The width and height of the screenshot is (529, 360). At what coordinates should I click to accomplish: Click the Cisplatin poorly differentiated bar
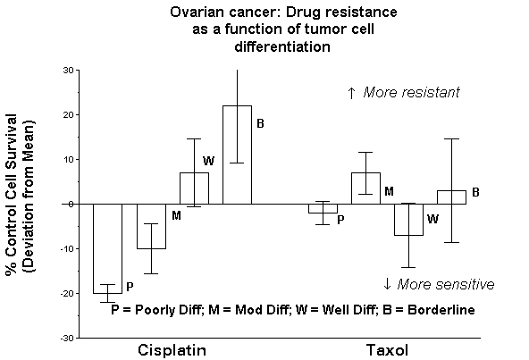[107, 248]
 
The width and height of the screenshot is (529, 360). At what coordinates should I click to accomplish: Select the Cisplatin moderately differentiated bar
[151, 226]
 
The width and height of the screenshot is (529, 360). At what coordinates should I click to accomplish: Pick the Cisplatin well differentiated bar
[194, 188]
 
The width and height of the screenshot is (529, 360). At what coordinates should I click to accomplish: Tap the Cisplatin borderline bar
[237, 155]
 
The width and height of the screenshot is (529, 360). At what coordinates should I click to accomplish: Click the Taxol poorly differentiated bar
[323, 208]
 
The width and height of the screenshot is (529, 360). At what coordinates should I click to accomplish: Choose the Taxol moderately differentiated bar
[365, 188]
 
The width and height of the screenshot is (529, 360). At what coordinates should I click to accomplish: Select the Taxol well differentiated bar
[408, 220]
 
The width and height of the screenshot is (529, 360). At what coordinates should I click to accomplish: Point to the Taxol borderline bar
[452, 197]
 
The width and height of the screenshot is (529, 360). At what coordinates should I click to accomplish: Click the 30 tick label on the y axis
[68, 71]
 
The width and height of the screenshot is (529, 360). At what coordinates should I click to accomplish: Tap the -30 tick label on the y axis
[67, 338]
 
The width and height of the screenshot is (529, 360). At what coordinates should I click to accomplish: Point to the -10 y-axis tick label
[67, 249]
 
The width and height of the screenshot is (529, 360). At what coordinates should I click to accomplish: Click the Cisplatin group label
[172, 350]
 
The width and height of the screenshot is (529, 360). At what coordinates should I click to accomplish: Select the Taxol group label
[387, 350]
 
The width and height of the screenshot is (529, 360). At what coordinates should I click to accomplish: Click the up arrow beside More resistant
[351, 93]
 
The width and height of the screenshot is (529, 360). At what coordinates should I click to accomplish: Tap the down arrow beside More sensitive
[387, 284]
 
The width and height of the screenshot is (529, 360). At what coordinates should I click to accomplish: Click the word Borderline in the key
[441, 310]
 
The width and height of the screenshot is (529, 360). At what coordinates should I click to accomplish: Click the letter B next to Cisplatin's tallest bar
[260, 124]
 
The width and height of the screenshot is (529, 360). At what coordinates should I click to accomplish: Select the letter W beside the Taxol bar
[432, 220]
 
